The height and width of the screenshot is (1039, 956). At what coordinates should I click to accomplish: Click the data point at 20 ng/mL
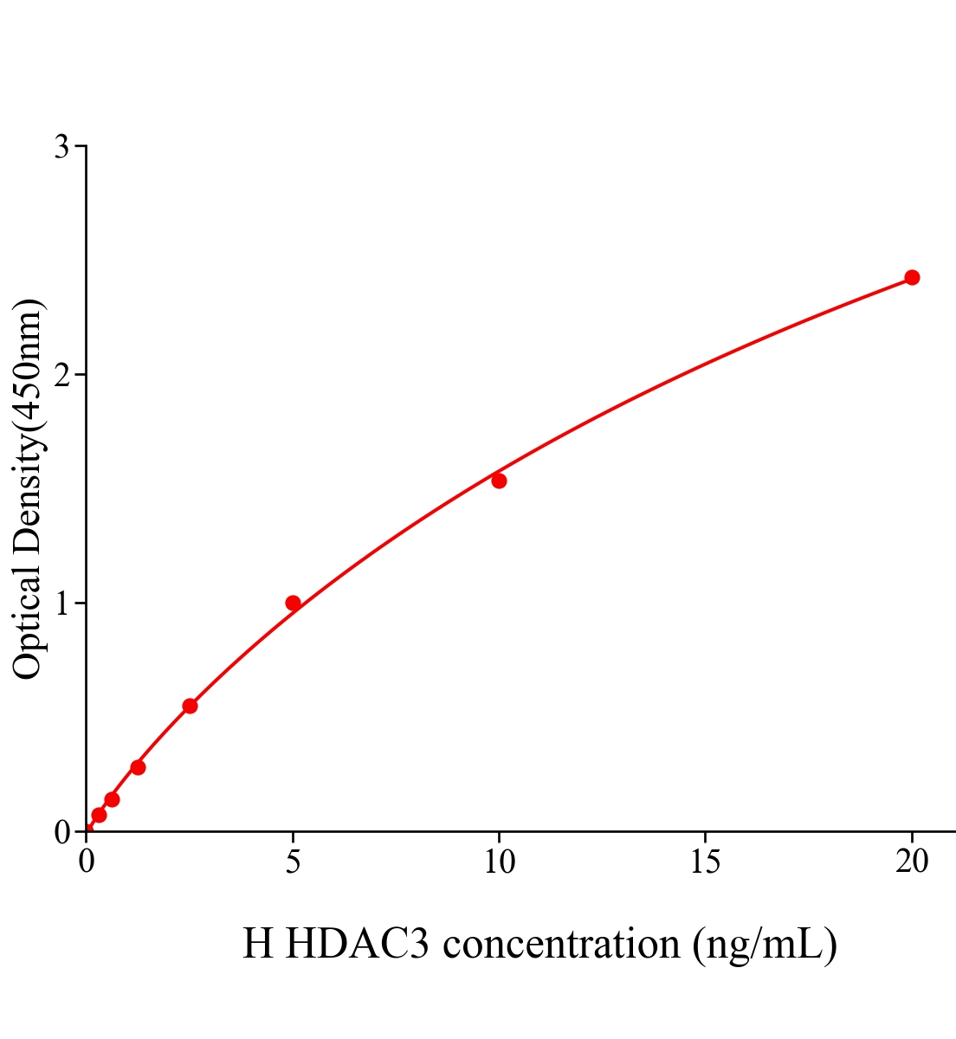pyautogui.click(x=912, y=277)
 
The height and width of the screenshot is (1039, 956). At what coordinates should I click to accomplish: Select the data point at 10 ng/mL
pyautogui.click(x=499, y=481)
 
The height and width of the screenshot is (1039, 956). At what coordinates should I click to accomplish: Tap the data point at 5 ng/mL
pyautogui.click(x=293, y=603)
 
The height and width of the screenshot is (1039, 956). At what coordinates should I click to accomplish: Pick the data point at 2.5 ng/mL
pyautogui.click(x=190, y=706)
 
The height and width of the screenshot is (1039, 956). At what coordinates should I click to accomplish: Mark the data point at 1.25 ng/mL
pyautogui.click(x=138, y=767)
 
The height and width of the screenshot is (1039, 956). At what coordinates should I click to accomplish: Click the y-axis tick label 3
pyautogui.click(x=62, y=147)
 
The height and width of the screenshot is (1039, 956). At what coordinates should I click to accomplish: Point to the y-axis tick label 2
pyautogui.click(x=62, y=375)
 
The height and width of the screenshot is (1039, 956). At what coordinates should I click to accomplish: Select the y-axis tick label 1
pyautogui.click(x=62, y=603)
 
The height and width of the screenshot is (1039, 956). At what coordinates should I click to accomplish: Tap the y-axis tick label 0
pyautogui.click(x=62, y=832)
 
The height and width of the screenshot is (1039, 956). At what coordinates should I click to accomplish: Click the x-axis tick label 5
pyautogui.click(x=293, y=862)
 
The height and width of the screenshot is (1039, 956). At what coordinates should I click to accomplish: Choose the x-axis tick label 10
pyautogui.click(x=499, y=862)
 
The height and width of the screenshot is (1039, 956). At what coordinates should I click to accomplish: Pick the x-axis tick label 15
pyautogui.click(x=706, y=862)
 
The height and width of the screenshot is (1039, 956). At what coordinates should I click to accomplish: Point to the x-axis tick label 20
pyautogui.click(x=912, y=862)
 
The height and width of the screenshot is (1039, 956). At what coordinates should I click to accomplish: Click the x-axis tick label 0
pyautogui.click(x=87, y=862)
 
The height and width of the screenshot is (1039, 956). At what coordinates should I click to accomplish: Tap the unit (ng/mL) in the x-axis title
pyautogui.click(x=764, y=944)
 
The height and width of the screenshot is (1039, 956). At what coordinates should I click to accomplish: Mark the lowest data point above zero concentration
pyautogui.click(x=99, y=815)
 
